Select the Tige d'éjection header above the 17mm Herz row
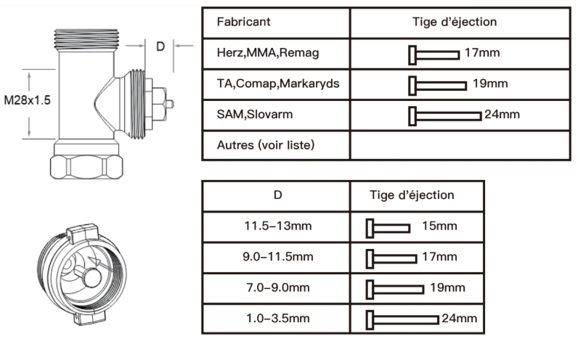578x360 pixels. pos(455,22)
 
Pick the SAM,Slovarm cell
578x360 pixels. pos(252,115)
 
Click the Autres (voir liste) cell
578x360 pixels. pos(266,144)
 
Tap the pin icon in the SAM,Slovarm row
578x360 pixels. pos(444,115)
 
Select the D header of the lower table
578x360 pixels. pos(277,195)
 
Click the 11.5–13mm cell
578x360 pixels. pos(278,226)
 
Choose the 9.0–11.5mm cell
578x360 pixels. pos(278,257)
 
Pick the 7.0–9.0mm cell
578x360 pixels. pos(278,287)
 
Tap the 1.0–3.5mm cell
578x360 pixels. pos(278,318)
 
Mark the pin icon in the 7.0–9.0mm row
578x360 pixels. pos(396,288)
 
